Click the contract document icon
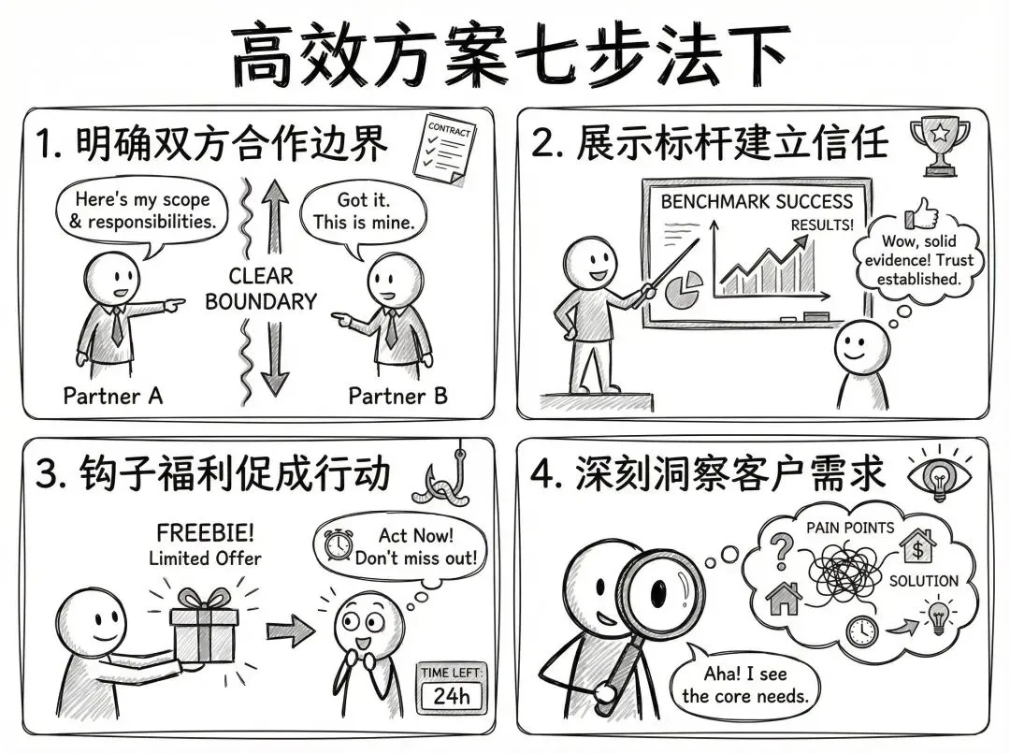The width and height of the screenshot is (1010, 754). point(444,151)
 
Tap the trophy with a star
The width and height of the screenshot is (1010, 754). point(940,146)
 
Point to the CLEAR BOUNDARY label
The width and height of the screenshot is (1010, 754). point(261,289)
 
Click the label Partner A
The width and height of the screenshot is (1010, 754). point(113,395)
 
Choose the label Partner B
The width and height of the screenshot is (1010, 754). point(397,395)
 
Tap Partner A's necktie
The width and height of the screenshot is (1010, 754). point(117,326)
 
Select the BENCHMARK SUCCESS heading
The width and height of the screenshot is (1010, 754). point(757,202)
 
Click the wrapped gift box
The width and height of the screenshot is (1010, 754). point(204,625)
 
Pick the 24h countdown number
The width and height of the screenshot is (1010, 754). point(452,696)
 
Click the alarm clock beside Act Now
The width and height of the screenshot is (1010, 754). point(338,545)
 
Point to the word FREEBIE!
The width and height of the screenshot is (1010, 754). point(206,533)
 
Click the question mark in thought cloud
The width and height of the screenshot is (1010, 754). point(782,550)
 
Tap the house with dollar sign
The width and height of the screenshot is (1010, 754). point(917,545)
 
